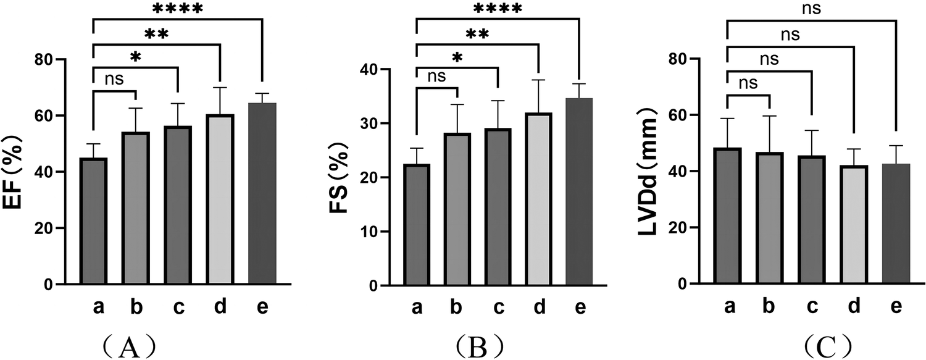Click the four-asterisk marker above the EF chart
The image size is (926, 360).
(x=177, y=9)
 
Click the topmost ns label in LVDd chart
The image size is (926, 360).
(x=811, y=9)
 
